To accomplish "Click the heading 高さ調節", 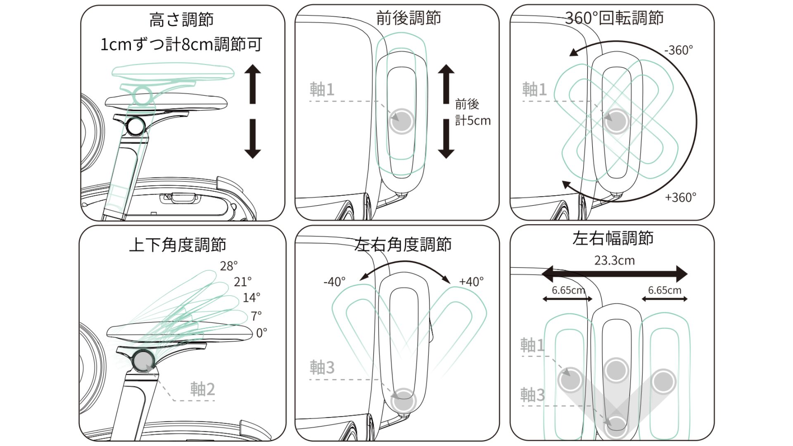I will [181, 20].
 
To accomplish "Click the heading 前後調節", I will [408, 18].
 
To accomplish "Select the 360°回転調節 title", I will [614, 18].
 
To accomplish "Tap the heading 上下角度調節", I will [177, 245].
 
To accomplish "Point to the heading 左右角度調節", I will [403, 244].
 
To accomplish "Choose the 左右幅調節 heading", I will [613, 239].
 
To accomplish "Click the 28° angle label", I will [228, 266].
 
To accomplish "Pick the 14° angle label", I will [251, 297].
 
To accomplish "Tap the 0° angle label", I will [261, 333].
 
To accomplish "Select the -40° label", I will [334, 282].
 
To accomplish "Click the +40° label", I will [471, 282].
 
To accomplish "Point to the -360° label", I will [678, 50].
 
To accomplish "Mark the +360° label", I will [680, 197].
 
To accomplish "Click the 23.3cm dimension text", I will [614, 261].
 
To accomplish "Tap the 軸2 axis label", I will [202, 389].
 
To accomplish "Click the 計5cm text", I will [472, 121].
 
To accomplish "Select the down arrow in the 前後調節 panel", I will [446, 139].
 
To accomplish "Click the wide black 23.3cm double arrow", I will [614, 274].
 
